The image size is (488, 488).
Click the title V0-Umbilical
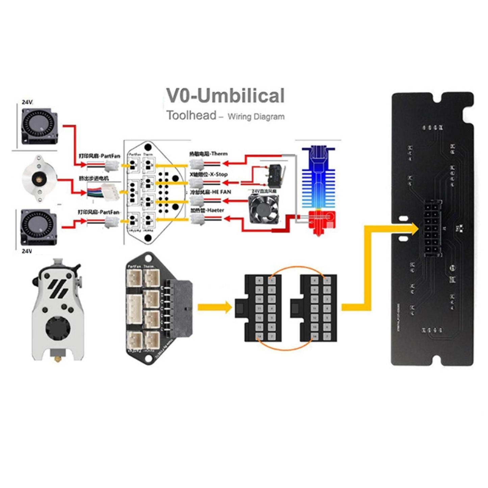pos(226,96)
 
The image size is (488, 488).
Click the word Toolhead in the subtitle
pos(191,115)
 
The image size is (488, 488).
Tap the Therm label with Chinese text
pos(208,154)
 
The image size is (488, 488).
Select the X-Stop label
pos(209,175)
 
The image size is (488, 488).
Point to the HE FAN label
pos(210,192)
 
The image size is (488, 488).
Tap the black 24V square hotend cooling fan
pos(263,209)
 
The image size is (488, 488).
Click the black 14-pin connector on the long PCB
pos(433,228)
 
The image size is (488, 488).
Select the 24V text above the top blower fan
pos(27,102)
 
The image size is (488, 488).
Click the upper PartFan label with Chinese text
pos(99,156)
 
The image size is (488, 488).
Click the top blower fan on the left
pos(39,126)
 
